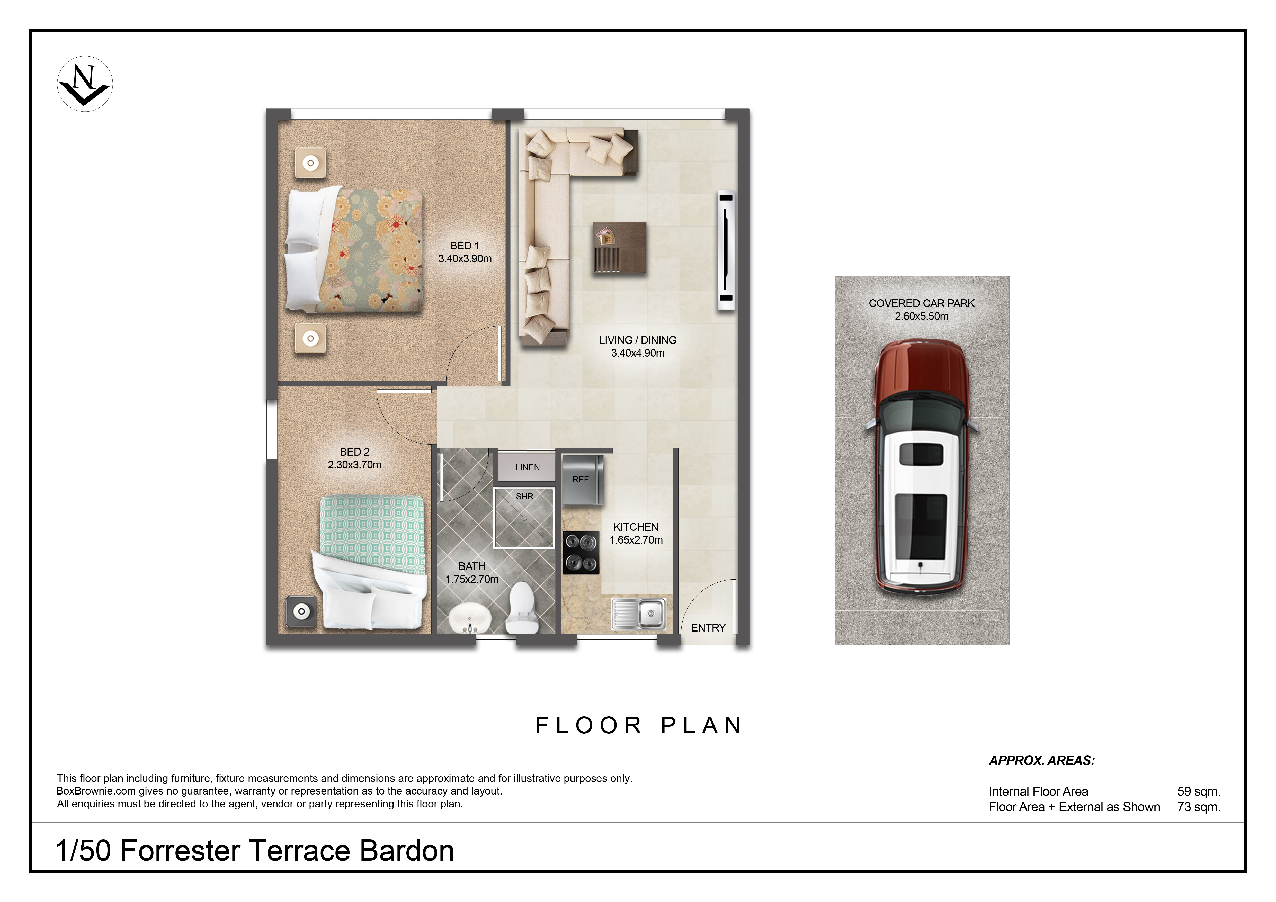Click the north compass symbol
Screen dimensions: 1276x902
[x=85, y=84]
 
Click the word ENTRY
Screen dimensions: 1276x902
[x=708, y=628]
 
